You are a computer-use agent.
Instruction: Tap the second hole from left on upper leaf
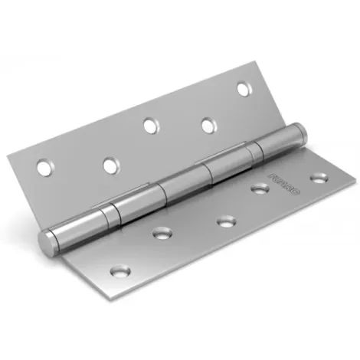point(110,163)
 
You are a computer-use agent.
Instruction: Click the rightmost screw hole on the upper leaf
point(244,89)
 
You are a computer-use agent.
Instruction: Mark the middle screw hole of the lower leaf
point(225,222)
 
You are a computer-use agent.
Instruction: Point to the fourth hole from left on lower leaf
point(260,188)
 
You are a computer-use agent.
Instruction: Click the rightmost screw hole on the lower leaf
point(316,178)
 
